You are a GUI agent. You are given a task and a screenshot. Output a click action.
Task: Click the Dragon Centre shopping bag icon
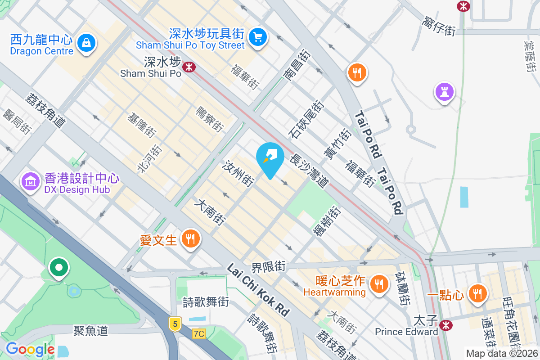(85, 43)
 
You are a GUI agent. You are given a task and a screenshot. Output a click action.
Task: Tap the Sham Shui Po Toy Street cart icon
(257, 36)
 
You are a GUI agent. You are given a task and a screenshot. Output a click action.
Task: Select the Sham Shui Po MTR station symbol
(189, 67)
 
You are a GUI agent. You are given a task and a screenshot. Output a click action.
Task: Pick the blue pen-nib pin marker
(270, 158)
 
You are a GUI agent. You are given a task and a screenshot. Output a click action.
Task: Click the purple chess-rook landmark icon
(444, 92)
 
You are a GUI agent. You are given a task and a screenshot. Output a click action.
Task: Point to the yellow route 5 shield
(174, 323)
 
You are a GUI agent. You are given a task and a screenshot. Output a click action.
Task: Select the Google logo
(30, 349)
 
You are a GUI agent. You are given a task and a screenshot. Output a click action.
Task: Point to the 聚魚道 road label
(91, 331)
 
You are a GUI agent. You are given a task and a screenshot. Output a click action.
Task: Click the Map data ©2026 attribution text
(502, 353)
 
